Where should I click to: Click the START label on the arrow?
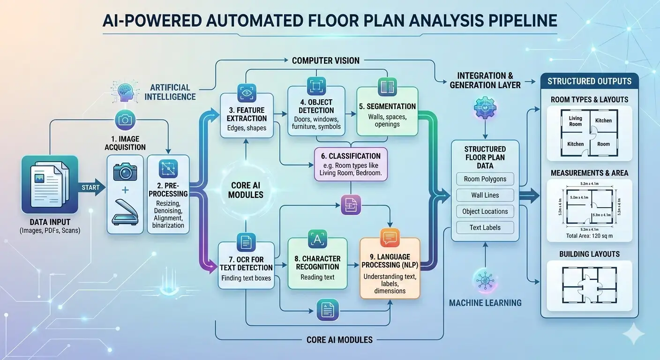tap(90, 187)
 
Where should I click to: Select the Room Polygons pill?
tap(485, 179)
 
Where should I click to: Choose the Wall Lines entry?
tap(485, 195)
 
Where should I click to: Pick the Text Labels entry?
tap(485, 227)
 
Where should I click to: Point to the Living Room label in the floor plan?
tap(575, 121)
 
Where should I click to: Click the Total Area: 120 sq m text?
tap(589, 236)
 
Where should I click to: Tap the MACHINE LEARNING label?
tap(485, 303)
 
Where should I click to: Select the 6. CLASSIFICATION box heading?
tap(348, 156)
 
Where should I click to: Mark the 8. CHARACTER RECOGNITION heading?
tap(317, 262)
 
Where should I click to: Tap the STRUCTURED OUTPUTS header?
tap(589, 81)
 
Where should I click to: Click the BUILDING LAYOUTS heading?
tap(589, 254)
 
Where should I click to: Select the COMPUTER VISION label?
tap(326, 60)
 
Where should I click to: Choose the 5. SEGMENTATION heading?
tap(387, 106)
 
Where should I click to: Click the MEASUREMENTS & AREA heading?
tap(589, 173)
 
